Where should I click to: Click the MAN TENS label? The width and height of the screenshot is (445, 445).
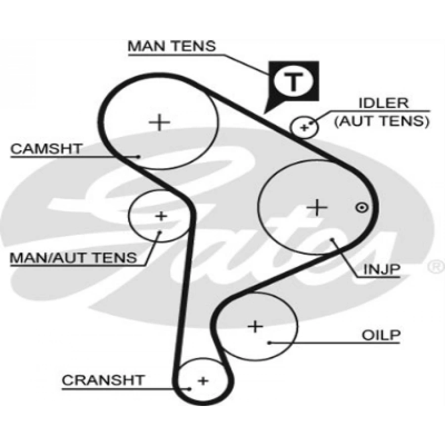tap(172, 46)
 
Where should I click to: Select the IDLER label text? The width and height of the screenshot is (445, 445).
tap(384, 103)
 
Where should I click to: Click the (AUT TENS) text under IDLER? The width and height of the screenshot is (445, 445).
tap(381, 120)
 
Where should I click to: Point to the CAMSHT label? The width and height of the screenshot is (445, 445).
tap(46, 148)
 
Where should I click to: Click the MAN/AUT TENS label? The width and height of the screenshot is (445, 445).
tap(74, 257)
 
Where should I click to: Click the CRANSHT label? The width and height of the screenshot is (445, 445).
tap(103, 380)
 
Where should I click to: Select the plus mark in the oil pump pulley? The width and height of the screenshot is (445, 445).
tap(256, 326)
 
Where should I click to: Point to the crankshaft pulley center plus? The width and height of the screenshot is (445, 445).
tap(203, 381)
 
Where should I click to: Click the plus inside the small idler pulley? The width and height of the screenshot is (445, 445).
tap(305, 128)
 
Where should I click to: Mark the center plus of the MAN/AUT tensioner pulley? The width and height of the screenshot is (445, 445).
tap(161, 216)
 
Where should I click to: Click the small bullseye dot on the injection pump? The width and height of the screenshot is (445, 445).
tap(361, 208)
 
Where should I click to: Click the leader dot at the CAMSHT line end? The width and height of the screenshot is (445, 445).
tap(139, 156)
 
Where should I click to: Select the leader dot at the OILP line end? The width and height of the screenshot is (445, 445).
tap(269, 342)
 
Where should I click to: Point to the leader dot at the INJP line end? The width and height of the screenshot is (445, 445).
tap(334, 241)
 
